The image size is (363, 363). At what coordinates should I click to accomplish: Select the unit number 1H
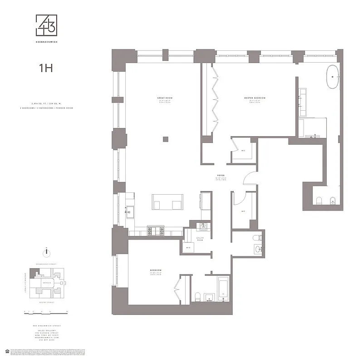click(45, 69)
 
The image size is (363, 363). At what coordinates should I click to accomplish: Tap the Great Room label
click(165, 98)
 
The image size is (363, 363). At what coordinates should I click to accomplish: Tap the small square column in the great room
click(166, 139)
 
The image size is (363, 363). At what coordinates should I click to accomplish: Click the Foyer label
click(221, 175)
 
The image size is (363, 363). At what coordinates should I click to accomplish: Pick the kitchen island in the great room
click(167, 202)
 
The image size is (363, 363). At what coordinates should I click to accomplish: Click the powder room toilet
click(257, 238)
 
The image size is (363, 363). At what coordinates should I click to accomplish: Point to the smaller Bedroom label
click(156, 271)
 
